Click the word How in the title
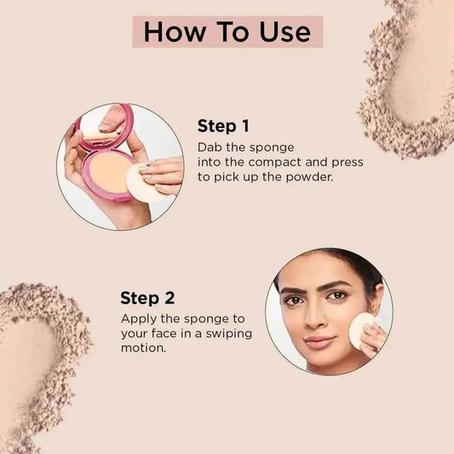click(x=174, y=32)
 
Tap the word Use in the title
click(x=284, y=32)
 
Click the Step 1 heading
click(x=223, y=126)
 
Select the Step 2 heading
click(x=147, y=298)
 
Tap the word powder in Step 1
click(x=309, y=176)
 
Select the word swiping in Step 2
click(x=229, y=334)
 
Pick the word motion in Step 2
click(x=143, y=348)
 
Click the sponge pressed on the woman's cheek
click(x=361, y=330)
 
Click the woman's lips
click(x=319, y=342)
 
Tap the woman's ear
click(x=378, y=298)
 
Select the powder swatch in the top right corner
click(x=411, y=78)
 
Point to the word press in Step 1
click(x=348, y=163)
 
